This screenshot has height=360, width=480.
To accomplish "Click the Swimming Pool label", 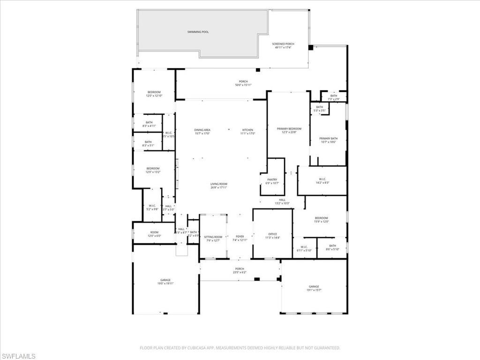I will click(199, 32).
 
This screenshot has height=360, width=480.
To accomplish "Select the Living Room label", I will click(218, 186).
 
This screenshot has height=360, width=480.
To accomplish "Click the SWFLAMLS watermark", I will click(18, 356).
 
